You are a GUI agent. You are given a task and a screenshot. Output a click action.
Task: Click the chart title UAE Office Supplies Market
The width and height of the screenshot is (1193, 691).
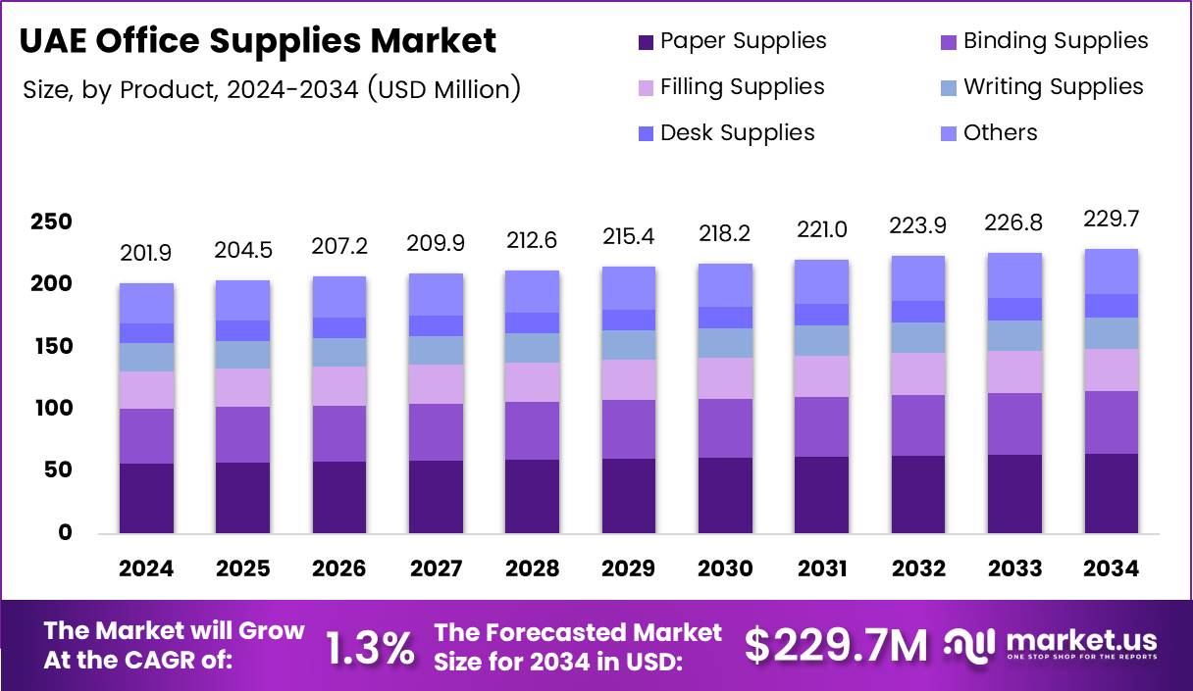pyautogui.click(x=259, y=41)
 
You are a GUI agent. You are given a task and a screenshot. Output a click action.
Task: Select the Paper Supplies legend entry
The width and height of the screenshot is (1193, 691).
pyautogui.click(x=731, y=41)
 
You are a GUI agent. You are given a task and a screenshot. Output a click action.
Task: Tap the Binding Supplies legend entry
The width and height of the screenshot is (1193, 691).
pyautogui.click(x=1044, y=41)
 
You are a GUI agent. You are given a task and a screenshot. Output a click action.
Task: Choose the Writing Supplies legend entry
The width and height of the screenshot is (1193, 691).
pyautogui.click(x=1041, y=87)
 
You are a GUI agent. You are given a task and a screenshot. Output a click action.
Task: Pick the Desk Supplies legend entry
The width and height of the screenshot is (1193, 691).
pyautogui.click(x=725, y=133)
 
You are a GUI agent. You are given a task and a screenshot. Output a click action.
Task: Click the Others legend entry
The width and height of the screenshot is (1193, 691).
pyautogui.click(x=988, y=133)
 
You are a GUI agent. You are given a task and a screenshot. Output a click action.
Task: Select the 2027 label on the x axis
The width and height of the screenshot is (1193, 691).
pyautogui.click(x=436, y=569)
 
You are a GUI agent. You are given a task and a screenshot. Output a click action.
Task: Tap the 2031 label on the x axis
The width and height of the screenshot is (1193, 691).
pyautogui.click(x=822, y=569)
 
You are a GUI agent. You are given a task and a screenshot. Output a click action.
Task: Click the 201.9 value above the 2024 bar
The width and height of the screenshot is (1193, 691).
pyautogui.click(x=145, y=254)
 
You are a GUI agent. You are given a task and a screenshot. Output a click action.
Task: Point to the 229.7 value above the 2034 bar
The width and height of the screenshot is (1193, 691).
pyautogui.click(x=1112, y=219)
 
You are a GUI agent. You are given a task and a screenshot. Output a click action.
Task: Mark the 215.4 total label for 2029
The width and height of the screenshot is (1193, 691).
pyautogui.click(x=629, y=236)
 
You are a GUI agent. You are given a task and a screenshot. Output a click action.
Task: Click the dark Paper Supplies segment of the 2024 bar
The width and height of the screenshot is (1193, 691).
pyautogui.click(x=146, y=498)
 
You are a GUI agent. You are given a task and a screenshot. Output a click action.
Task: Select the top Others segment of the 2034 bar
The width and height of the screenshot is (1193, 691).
pyautogui.click(x=1112, y=271)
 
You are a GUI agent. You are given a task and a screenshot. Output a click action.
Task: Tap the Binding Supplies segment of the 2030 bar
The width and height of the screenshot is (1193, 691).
pyautogui.click(x=725, y=427)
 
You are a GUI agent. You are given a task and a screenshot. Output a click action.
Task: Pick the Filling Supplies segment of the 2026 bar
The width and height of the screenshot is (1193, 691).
pyautogui.click(x=339, y=385)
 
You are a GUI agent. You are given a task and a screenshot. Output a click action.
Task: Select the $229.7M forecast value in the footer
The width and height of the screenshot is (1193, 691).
pyautogui.click(x=835, y=646)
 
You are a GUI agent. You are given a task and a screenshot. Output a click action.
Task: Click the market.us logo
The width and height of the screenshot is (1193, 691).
pyautogui.click(x=1051, y=645)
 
